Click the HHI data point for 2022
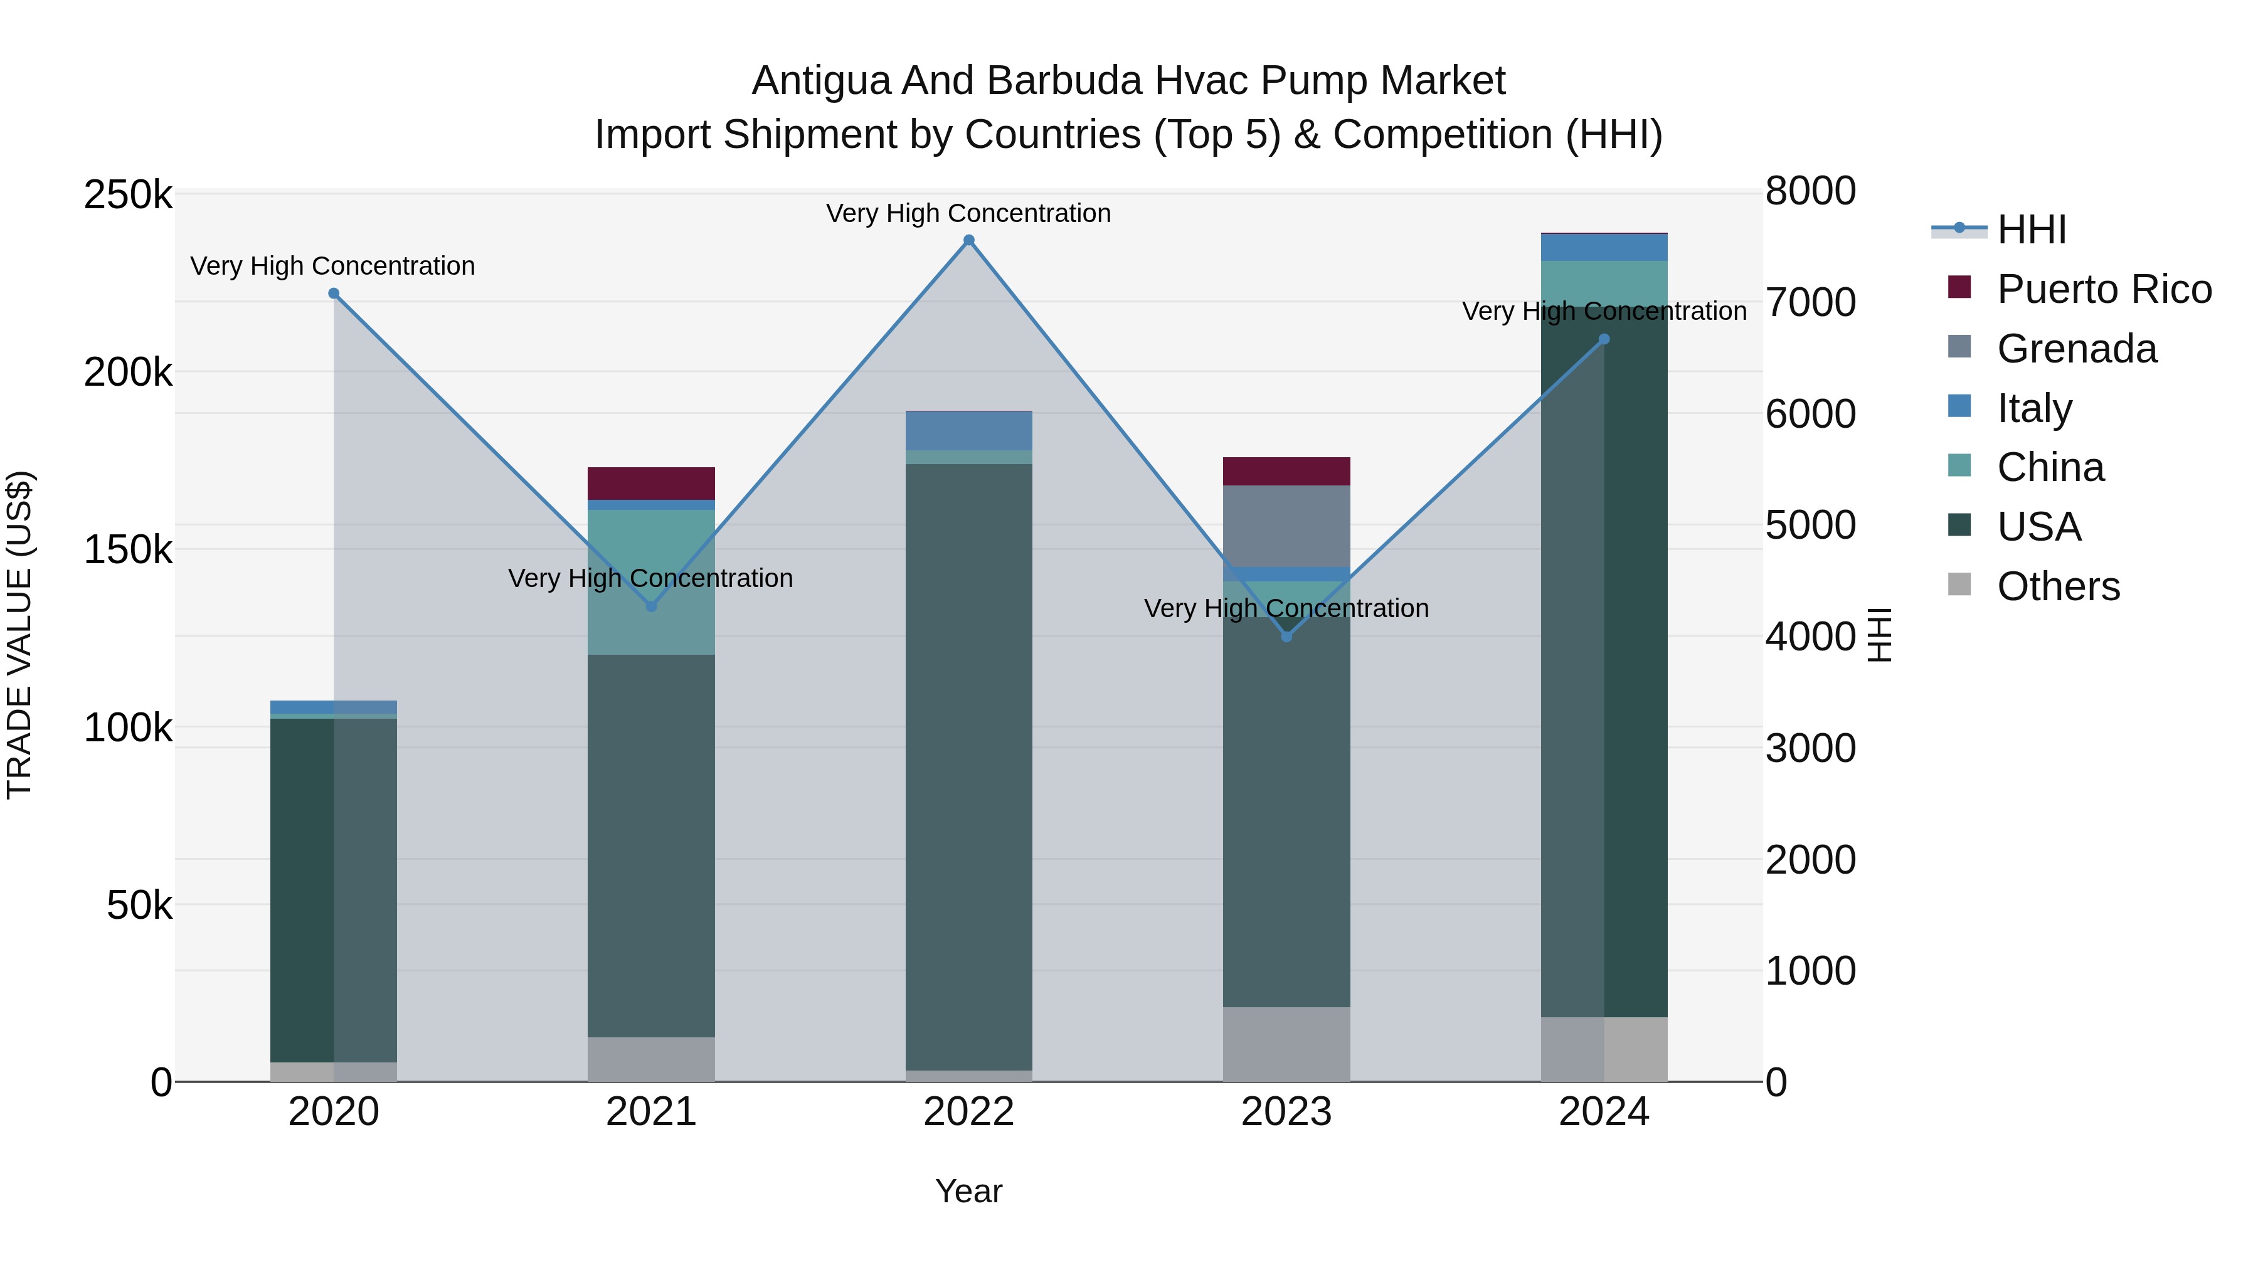968,240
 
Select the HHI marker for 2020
334,294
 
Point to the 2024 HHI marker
1604,339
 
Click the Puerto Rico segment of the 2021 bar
651,484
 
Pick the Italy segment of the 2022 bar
968,430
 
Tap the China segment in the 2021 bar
651,582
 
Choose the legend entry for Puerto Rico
2104,289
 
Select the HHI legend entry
2031,230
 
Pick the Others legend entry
2058,586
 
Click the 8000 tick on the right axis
1810,191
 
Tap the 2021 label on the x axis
651,1112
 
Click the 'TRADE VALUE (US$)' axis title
19,635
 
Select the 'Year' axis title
968,1191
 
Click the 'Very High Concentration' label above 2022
968,213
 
